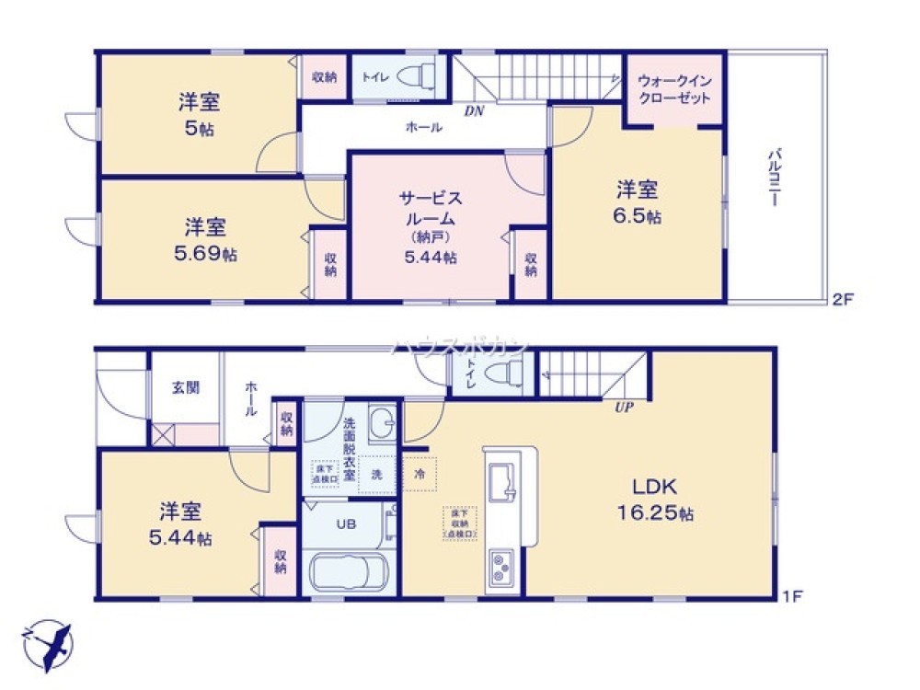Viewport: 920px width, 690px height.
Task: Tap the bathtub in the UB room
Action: [352, 572]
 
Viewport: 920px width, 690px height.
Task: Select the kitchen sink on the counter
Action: [501, 481]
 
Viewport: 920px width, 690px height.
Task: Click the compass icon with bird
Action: [47, 642]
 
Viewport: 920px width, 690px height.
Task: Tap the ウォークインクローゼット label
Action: [673, 89]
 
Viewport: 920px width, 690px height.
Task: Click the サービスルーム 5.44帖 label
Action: [430, 226]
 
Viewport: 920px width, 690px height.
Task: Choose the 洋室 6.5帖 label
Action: [638, 202]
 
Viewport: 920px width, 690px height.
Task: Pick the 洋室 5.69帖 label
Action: [204, 239]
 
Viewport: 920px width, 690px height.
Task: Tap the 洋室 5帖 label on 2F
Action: [199, 114]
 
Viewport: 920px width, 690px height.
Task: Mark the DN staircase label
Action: [474, 111]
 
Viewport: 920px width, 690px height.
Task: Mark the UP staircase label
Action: [624, 407]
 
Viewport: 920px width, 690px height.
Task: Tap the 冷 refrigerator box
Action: [420, 476]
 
